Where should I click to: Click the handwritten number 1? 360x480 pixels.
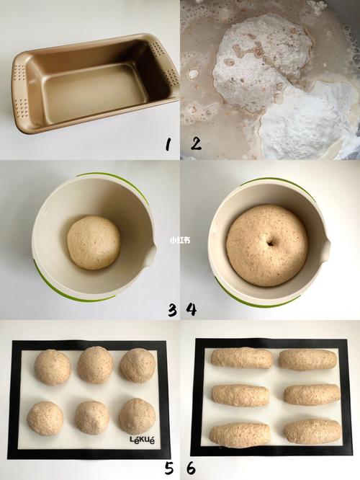167,144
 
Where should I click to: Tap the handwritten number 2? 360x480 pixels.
196,143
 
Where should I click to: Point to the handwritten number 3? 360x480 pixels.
172,310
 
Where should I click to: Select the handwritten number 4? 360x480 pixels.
191,309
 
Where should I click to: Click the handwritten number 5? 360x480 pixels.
168,468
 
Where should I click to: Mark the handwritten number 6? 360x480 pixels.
191,468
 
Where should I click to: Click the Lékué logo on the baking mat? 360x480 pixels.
143,440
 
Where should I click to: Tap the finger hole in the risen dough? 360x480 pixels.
271,244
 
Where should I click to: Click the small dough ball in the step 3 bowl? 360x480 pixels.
94,243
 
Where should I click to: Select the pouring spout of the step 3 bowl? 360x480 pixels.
150,253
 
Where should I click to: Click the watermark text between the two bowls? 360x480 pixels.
180,240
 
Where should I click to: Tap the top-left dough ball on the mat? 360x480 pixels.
53,367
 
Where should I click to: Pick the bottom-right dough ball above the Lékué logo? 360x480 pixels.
137,416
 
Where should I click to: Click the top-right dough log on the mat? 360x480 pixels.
307,360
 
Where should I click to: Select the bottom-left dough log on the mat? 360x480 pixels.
240,435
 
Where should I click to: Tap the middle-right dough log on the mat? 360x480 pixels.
312,394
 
